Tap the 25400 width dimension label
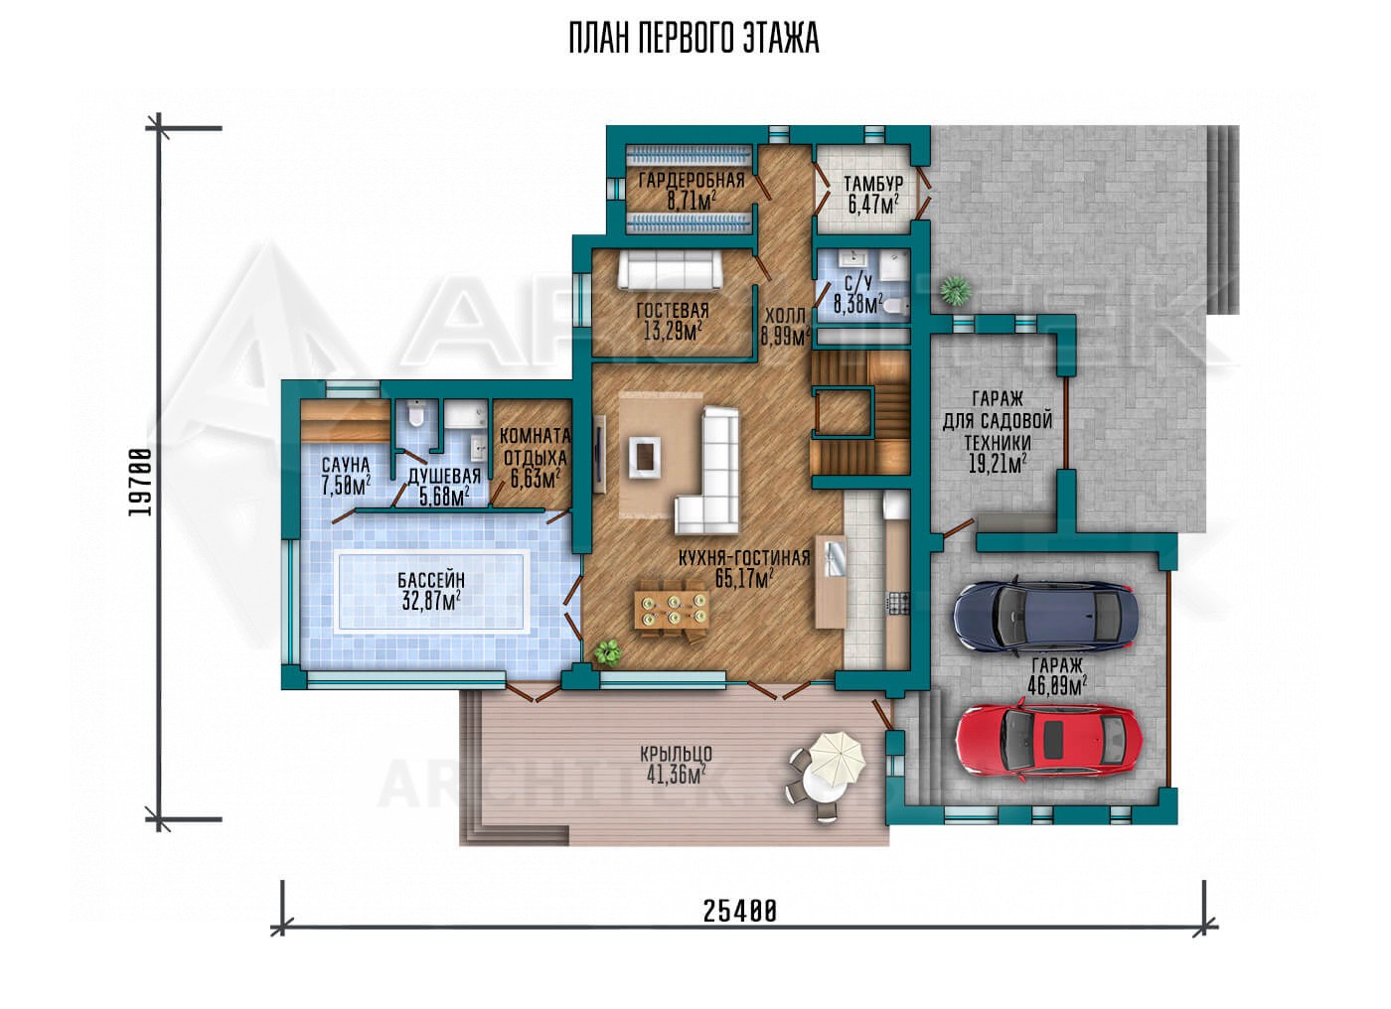(x=739, y=912)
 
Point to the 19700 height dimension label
(x=140, y=482)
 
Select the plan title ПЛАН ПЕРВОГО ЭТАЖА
(x=694, y=39)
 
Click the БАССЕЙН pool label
(x=431, y=580)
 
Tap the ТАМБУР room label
(x=873, y=184)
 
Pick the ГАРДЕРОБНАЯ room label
(x=692, y=180)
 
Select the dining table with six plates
(x=673, y=610)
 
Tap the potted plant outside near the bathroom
(x=956, y=290)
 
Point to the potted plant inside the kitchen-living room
(x=607, y=651)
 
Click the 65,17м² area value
(x=744, y=578)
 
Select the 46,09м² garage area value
(x=1057, y=687)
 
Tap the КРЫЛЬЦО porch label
(x=676, y=754)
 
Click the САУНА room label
(x=346, y=465)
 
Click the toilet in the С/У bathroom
(x=896, y=306)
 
